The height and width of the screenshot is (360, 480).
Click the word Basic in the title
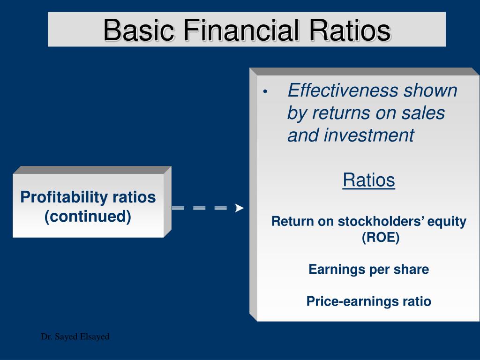coord(139,30)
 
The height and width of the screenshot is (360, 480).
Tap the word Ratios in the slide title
coord(350,30)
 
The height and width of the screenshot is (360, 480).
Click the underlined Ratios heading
coord(368,180)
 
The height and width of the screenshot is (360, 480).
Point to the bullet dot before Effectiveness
coord(265,91)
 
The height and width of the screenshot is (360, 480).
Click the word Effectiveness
coord(343,90)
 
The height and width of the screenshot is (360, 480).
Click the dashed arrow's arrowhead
coord(239,208)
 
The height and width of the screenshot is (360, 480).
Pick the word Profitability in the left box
coord(64,197)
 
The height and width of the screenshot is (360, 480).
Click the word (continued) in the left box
coord(88,217)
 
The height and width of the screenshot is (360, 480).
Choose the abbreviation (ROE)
coord(381,238)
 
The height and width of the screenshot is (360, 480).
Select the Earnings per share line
coord(368,270)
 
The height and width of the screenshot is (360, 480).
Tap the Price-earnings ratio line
coord(368,301)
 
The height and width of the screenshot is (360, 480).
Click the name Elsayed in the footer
coord(95,337)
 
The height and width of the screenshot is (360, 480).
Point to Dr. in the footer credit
coord(46,337)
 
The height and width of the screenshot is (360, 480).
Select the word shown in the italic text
coord(430,90)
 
